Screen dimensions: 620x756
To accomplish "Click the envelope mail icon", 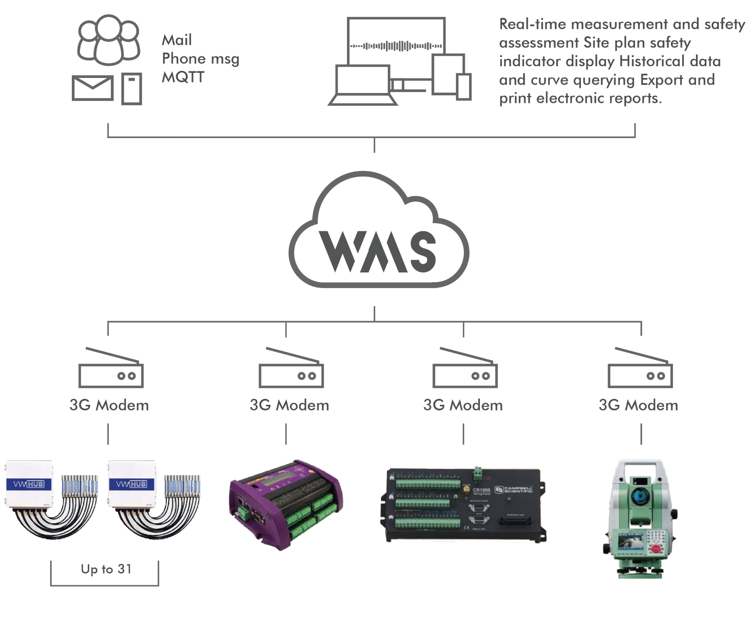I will [x=93, y=88].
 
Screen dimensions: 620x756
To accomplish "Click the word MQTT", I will [x=183, y=77].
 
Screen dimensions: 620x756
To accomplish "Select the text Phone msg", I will [x=201, y=59].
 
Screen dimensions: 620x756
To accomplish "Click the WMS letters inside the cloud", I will [x=378, y=252].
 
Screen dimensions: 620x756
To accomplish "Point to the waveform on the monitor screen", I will [x=396, y=46].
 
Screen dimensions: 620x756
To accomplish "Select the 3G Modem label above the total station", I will [x=638, y=405].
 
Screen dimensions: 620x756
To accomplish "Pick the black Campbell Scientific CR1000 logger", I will [x=463, y=505].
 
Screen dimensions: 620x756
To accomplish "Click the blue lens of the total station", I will [x=638, y=496].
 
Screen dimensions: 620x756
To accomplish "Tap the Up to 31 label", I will [x=106, y=569].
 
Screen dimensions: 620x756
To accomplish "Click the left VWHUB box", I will [x=29, y=484].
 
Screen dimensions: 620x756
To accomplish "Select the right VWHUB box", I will [x=132, y=484].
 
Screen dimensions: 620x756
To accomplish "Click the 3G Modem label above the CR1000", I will [x=463, y=405].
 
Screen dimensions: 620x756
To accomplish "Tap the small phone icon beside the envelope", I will [x=131, y=88].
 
